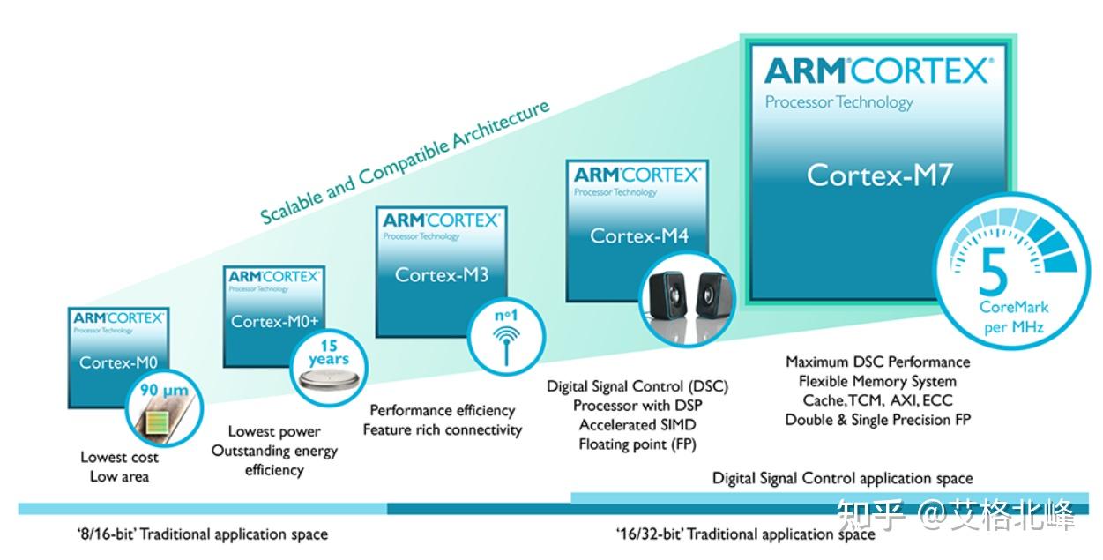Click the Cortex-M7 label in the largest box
point(879,175)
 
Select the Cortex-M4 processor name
point(638,235)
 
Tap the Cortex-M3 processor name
point(441,274)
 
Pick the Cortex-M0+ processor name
point(273,321)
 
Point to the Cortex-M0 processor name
point(116,362)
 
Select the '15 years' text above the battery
point(328,353)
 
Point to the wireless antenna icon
point(505,340)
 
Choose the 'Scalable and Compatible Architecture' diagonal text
point(405,161)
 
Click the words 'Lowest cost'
point(120,457)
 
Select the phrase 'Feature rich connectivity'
point(443,430)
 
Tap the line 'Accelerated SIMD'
point(637,425)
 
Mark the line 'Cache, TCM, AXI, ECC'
point(877,400)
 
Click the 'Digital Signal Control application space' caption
point(842,478)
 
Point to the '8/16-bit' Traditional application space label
point(202,534)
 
